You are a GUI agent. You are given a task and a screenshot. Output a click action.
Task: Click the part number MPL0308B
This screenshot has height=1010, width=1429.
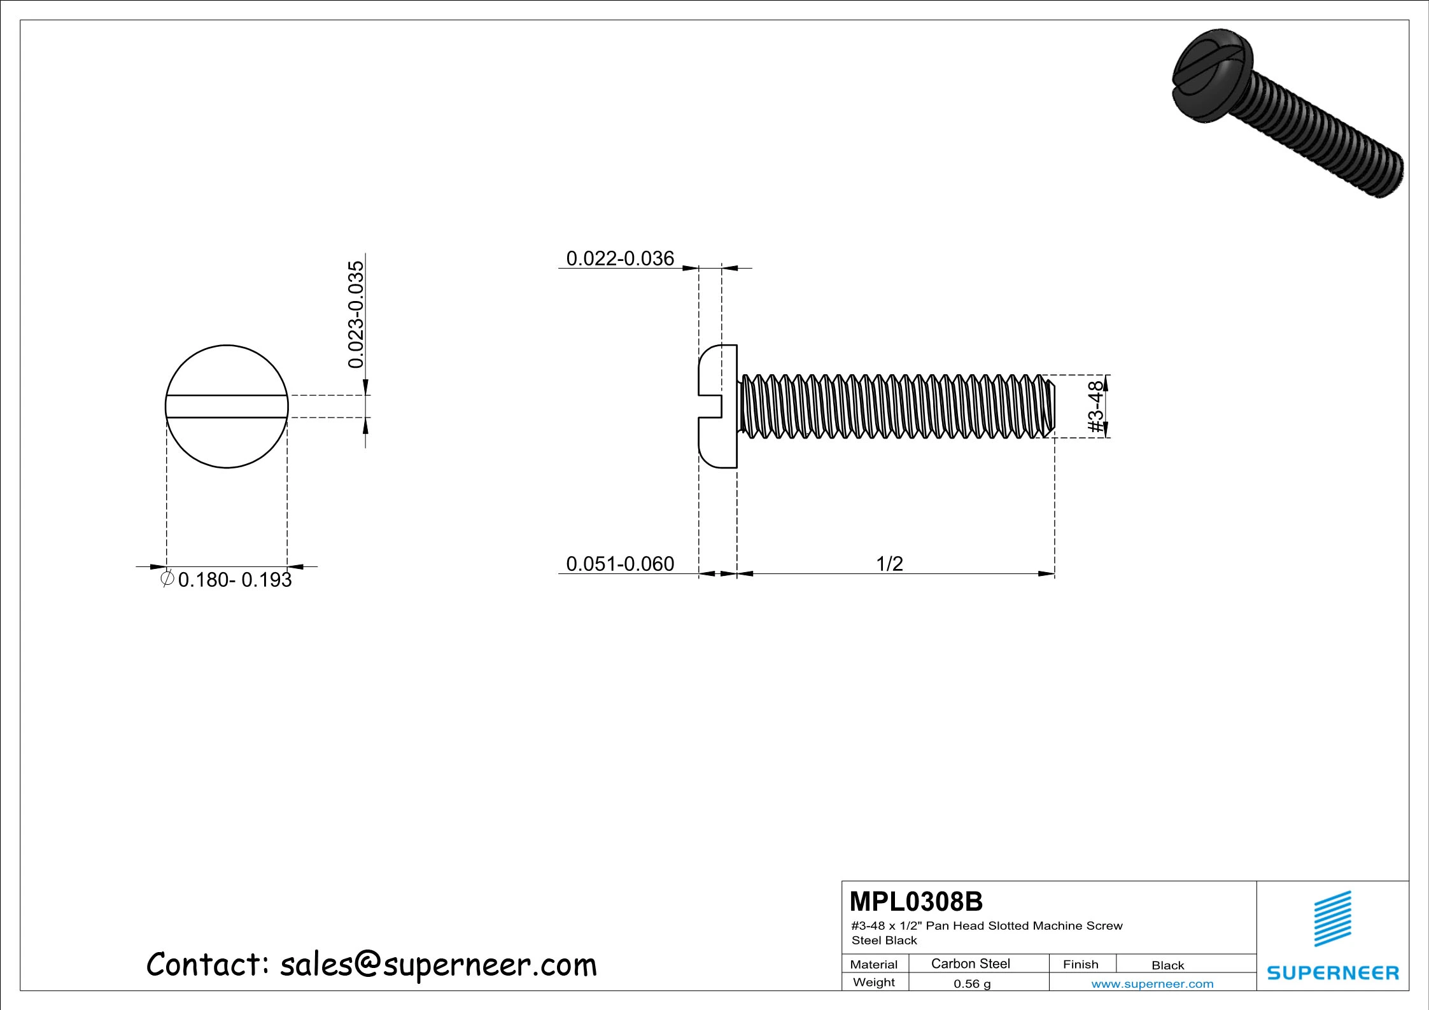click(915, 902)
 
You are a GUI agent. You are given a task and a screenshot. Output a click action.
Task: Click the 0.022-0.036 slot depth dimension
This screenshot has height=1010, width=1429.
click(619, 258)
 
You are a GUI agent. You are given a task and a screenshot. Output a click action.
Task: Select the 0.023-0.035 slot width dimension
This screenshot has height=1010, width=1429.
click(356, 314)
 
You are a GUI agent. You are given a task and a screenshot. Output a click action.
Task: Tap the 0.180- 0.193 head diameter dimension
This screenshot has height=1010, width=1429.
click(234, 580)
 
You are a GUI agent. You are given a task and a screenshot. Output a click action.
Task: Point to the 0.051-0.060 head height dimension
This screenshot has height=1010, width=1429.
click(619, 564)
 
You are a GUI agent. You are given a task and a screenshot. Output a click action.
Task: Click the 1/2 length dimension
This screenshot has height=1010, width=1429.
click(889, 564)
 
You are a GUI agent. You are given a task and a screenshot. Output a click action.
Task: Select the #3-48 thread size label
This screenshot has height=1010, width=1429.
click(1095, 407)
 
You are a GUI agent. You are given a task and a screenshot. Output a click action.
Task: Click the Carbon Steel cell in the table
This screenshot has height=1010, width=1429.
click(970, 964)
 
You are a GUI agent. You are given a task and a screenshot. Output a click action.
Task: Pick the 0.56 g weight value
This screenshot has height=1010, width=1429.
click(971, 984)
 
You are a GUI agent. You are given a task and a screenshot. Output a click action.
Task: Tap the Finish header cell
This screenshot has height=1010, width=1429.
click(1080, 964)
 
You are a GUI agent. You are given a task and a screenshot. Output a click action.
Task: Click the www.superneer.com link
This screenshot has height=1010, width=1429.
click(1152, 984)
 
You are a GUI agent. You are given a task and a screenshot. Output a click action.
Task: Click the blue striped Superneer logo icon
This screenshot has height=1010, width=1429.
click(1333, 918)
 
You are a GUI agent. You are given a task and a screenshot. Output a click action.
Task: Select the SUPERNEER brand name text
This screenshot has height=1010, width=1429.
click(1333, 973)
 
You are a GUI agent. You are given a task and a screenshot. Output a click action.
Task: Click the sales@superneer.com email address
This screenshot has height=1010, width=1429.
click(438, 965)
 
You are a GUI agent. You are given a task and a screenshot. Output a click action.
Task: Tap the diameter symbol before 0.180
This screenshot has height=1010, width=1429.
click(167, 579)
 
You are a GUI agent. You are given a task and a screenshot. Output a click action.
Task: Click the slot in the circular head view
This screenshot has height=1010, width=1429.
click(227, 407)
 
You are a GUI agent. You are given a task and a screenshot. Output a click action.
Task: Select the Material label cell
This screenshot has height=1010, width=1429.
click(873, 964)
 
